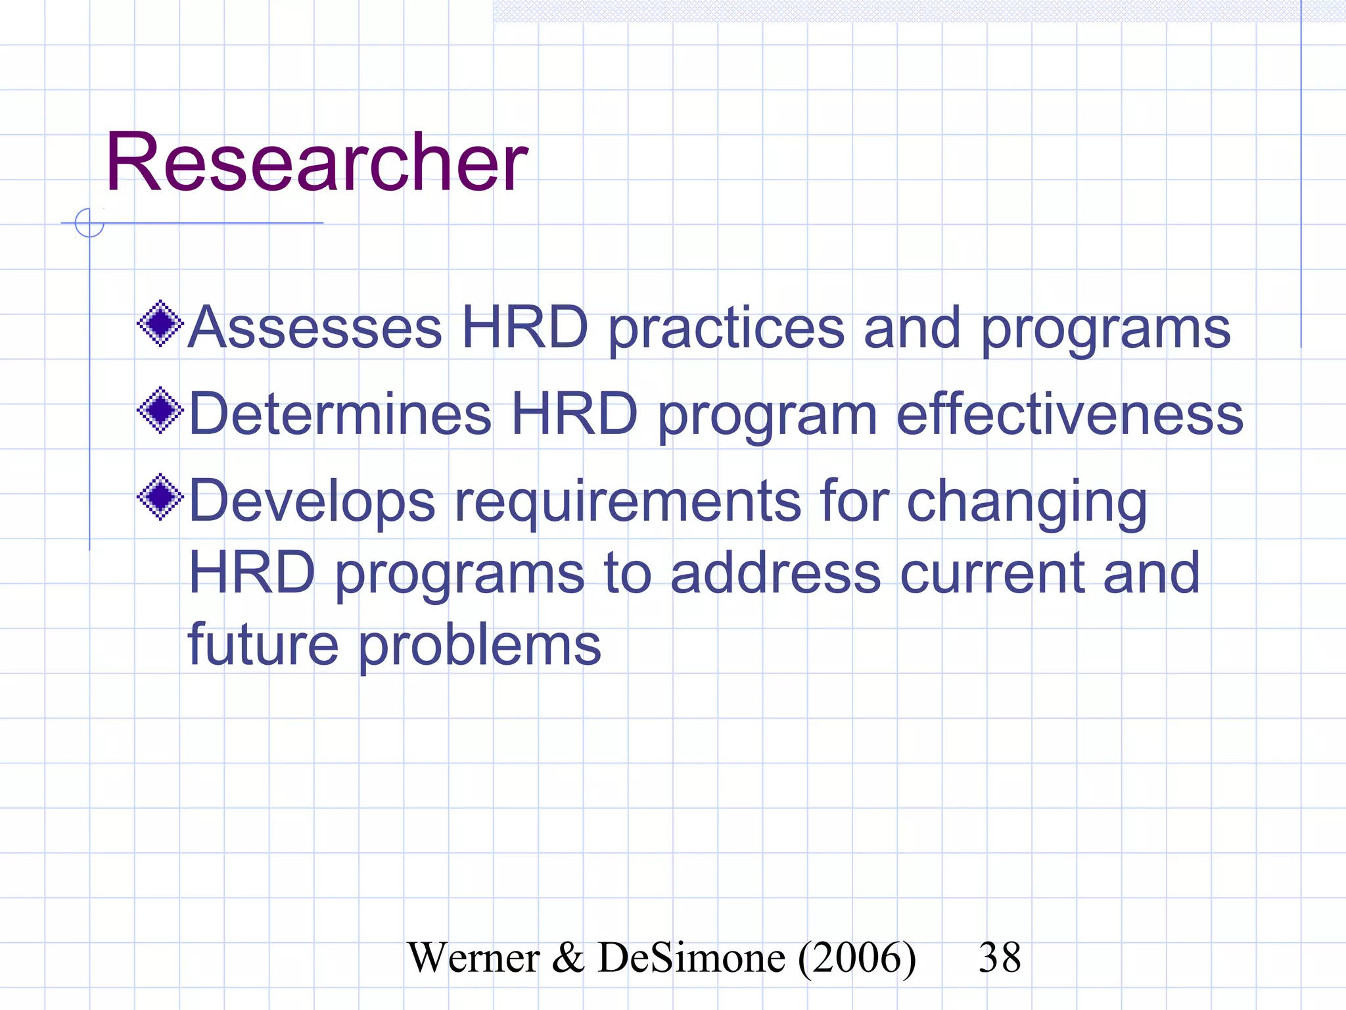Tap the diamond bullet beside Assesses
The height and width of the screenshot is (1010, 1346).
[160, 324]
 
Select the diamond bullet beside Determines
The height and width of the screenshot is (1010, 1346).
[160, 410]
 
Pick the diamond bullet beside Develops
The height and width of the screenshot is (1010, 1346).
[160, 497]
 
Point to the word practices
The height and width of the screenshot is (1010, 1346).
[726, 329]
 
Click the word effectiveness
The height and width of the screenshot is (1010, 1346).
[1070, 414]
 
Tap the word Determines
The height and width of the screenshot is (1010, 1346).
[340, 414]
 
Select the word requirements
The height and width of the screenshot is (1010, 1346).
[628, 502]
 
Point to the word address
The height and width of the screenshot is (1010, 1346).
[776, 573]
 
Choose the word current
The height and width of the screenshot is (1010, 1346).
[991, 573]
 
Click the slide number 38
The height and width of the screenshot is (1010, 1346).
[1000, 957]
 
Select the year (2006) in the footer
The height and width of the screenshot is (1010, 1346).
[857, 959]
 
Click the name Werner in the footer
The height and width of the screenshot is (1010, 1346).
[473, 957]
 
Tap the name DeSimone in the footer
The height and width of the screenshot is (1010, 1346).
[691, 957]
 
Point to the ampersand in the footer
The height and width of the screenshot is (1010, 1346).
[568, 957]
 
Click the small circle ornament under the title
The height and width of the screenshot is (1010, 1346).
[89, 222]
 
